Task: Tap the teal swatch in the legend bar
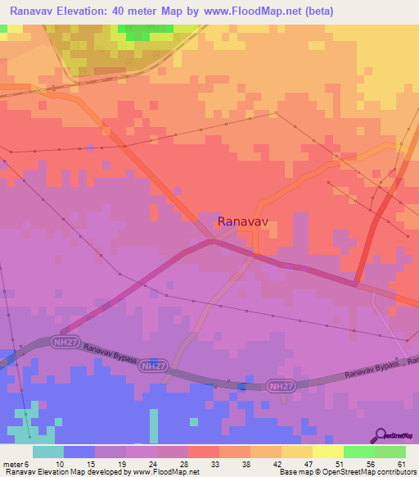pos(48,452)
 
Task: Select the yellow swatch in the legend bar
pos(327,452)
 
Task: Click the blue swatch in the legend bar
pos(79,452)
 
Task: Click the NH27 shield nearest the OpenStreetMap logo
pos(281,385)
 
